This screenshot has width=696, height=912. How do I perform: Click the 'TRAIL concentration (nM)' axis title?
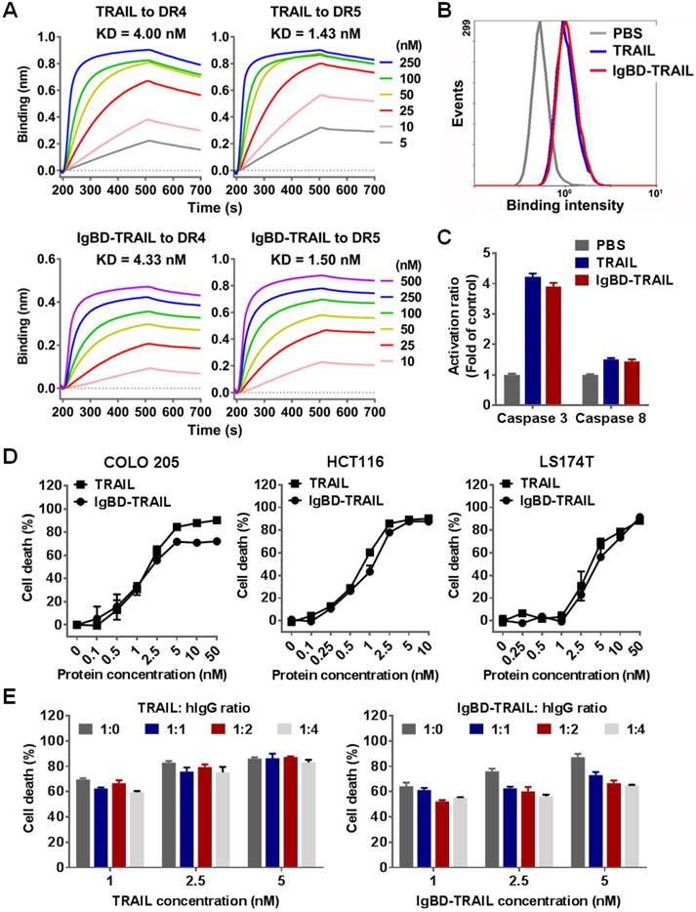pyautogui.click(x=186, y=896)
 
